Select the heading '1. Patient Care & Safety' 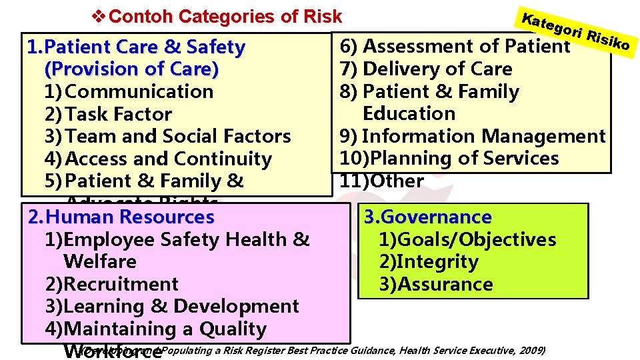[135, 47]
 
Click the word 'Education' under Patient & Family [409, 113]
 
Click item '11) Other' [382, 181]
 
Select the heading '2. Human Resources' [121, 217]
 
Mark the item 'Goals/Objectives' [467, 240]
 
